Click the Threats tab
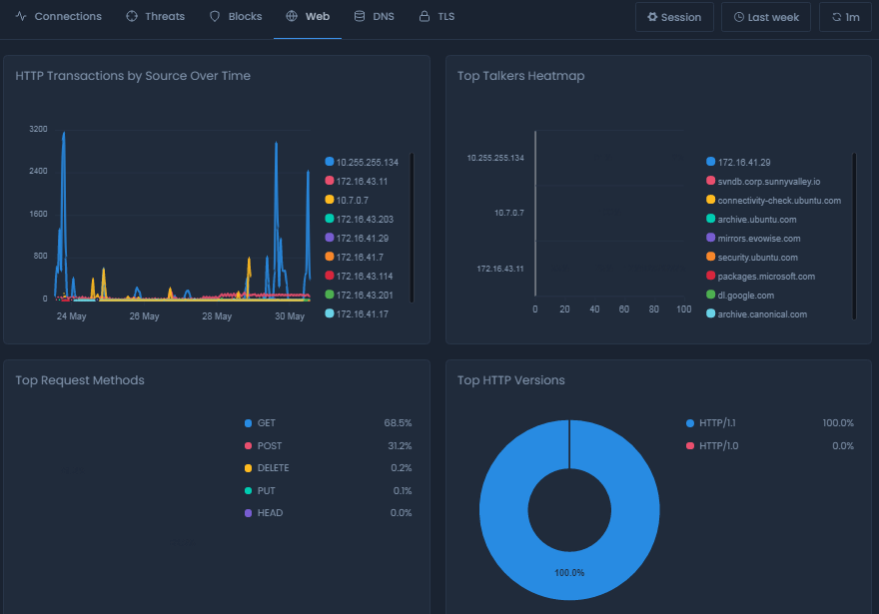155,17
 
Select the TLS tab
437,17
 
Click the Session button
673,17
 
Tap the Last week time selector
766,17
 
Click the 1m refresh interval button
845,17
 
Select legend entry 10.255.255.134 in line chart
367,162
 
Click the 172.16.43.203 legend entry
365,219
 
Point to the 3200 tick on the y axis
39,129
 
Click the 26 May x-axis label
144,316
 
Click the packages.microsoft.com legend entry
765,277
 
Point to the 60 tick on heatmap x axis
624,309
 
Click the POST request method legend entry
269,446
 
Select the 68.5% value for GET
398,423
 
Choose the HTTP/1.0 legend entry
719,446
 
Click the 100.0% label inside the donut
569,573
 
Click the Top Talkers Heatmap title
520,76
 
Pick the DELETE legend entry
272,468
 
